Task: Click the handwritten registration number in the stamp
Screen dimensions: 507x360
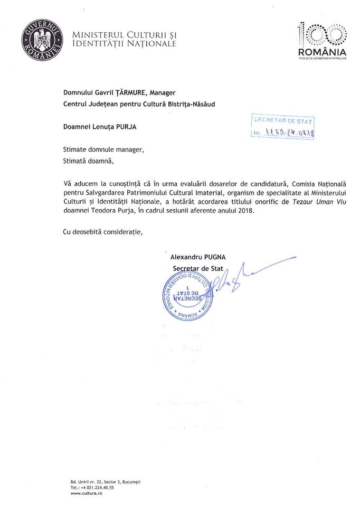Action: (x=289, y=133)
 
